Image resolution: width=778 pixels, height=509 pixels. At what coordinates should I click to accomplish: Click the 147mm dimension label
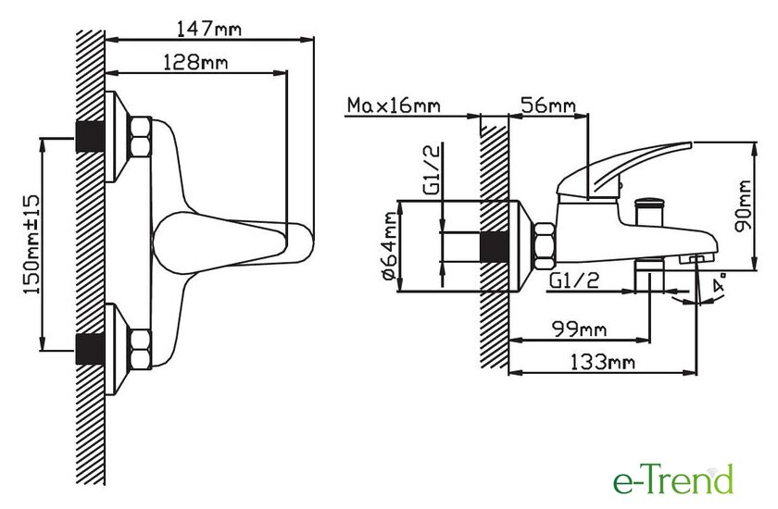(209, 29)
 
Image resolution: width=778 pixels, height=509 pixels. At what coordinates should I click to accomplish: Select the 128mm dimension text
(195, 62)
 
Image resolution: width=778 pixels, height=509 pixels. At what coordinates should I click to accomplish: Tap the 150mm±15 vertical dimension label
(31, 243)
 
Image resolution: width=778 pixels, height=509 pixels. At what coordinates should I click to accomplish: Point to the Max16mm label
(394, 106)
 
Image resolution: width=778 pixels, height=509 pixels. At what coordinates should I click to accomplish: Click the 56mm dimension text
(547, 106)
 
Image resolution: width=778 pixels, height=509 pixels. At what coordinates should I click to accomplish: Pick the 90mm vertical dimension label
(743, 205)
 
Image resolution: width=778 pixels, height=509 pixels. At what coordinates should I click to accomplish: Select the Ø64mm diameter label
(390, 246)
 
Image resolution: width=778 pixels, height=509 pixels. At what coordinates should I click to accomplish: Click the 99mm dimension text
(579, 329)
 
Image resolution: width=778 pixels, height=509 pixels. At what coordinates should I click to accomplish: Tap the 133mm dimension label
(601, 362)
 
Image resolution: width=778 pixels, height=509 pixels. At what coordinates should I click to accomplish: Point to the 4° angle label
(720, 282)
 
